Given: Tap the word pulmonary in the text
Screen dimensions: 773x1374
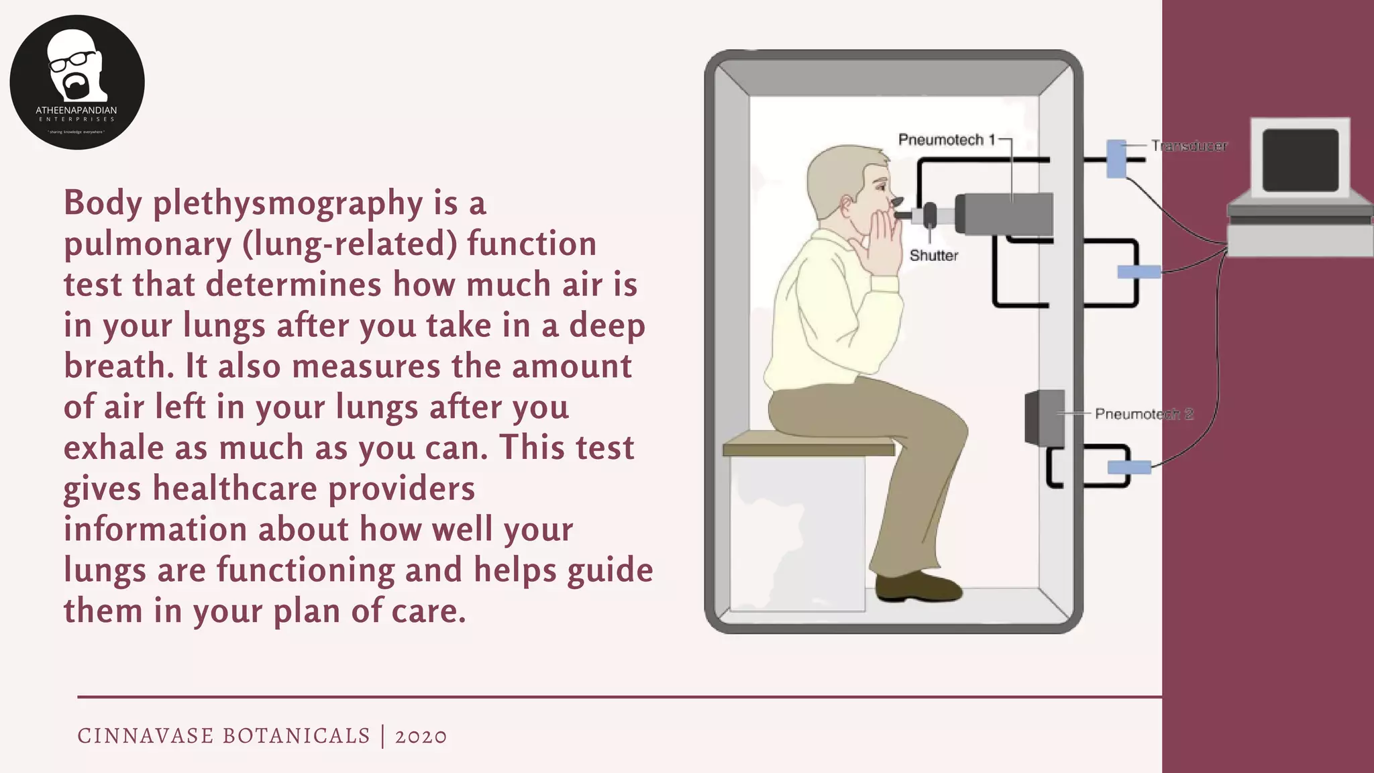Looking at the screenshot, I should coord(148,244).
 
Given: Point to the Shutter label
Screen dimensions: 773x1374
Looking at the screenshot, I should coord(933,256).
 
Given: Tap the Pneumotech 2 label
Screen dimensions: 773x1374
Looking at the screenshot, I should coord(1143,414).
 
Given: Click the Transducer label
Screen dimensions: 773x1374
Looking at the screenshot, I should coord(1189,146).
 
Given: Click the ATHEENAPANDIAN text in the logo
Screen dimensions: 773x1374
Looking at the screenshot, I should coord(76,110).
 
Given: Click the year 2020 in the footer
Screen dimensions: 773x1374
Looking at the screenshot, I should coord(421,736).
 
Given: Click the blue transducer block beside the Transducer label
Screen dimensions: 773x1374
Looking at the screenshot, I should coord(1116,158).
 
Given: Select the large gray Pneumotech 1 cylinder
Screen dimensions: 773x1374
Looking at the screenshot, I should coord(1004,214).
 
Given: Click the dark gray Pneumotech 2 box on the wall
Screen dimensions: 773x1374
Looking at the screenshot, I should coord(1044,418).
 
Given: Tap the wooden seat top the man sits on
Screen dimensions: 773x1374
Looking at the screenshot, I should coord(808,444).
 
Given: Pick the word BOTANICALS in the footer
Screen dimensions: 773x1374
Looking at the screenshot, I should coord(296,736).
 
